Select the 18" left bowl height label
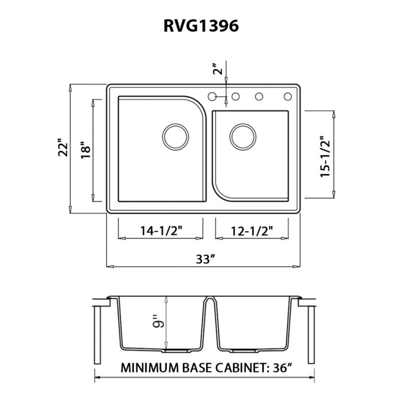coord(87,150)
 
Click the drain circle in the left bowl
coord(175,136)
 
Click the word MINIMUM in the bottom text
coord(148,367)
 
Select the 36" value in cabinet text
coord(294,367)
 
